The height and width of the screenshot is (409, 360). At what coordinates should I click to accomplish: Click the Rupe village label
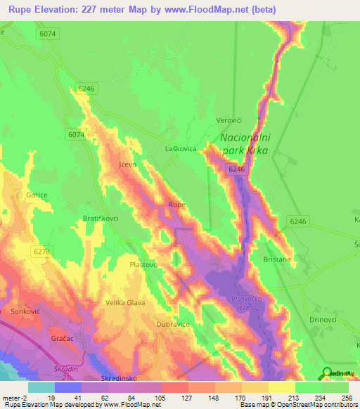(x=176, y=204)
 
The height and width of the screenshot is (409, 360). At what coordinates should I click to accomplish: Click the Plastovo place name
(x=144, y=264)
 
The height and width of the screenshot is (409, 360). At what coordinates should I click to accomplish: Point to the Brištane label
(x=276, y=259)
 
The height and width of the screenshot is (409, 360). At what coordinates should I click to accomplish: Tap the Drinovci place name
(x=324, y=319)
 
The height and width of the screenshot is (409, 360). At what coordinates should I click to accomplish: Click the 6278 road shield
(x=41, y=251)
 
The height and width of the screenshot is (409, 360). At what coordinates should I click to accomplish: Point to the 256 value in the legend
(x=343, y=398)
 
